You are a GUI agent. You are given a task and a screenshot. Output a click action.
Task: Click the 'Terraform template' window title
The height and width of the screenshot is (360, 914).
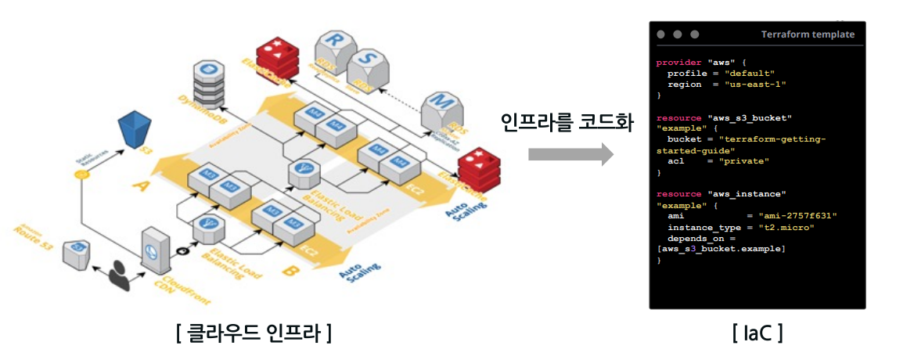(x=808, y=34)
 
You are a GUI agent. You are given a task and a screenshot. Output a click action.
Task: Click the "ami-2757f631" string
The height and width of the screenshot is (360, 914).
(x=792, y=215)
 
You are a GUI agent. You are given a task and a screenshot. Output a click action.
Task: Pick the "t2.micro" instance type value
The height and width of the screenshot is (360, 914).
(x=786, y=227)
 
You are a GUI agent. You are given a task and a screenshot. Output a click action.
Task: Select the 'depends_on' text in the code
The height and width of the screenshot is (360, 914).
(x=695, y=238)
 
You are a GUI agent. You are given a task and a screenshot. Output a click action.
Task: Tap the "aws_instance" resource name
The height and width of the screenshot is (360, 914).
(x=746, y=193)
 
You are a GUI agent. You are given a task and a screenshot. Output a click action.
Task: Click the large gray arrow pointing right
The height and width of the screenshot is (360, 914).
(x=570, y=154)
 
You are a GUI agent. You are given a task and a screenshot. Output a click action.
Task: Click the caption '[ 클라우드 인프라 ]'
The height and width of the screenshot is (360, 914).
(x=254, y=333)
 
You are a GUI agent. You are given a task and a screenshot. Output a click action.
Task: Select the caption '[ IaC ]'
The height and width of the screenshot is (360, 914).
(x=757, y=333)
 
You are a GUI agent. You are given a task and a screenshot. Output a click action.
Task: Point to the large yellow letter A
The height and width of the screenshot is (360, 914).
(x=142, y=186)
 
